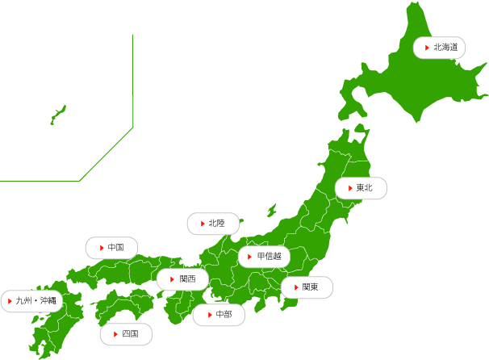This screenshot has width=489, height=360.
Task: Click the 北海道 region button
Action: tap(440, 48)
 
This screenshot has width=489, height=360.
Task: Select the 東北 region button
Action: tap(361, 188)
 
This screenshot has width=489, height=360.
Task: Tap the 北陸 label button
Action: tap(213, 223)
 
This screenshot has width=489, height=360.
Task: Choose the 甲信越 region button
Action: tap(264, 257)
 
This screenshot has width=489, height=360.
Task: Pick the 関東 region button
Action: tap(307, 287)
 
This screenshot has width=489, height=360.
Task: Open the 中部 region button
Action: tap(219, 314)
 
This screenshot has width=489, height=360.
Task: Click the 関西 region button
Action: tap(182, 279)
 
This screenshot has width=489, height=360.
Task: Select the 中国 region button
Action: tap(111, 247)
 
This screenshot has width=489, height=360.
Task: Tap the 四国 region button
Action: tap(126, 333)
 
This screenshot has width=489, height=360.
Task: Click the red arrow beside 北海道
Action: tap(426, 48)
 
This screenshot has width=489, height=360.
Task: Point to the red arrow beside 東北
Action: tap(349, 188)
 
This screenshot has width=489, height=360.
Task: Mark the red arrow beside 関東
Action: tap(294, 287)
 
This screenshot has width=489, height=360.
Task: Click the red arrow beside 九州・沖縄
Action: tap(10, 301)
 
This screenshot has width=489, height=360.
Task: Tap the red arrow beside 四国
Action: tap(113, 333)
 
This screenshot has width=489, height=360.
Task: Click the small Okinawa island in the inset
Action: tap(57, 115)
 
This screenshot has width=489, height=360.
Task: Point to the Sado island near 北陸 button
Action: tap(272, 210)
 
